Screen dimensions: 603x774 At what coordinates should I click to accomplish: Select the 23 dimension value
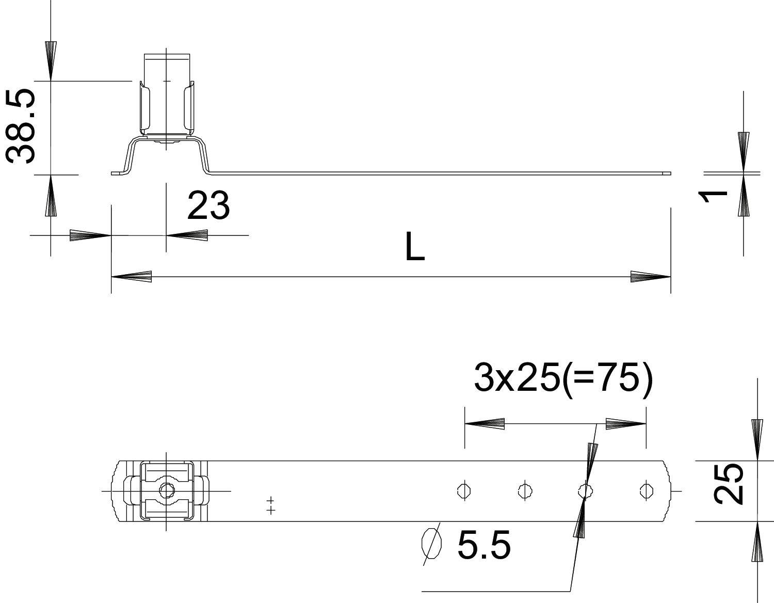pos(208,205)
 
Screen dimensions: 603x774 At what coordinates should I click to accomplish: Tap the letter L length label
pos(414,246)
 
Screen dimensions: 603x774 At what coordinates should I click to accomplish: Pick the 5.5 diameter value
pos(483,546)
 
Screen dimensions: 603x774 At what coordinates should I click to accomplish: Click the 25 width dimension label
pos(729,483)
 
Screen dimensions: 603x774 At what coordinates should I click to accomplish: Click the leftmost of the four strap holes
pos(463,490)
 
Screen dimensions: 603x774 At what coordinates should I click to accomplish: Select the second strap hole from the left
pos(524,490)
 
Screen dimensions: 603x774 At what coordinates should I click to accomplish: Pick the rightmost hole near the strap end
pos(644,490)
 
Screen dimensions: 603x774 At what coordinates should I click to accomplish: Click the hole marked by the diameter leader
pos(584,490)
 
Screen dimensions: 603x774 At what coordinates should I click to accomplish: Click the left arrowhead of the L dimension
pos(132,277)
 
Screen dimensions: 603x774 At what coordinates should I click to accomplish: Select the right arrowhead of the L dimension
pos(650,277)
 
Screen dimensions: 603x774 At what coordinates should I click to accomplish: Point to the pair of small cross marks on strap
pos(270,505)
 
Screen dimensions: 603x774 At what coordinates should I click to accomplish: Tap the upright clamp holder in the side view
pos(166,96)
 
